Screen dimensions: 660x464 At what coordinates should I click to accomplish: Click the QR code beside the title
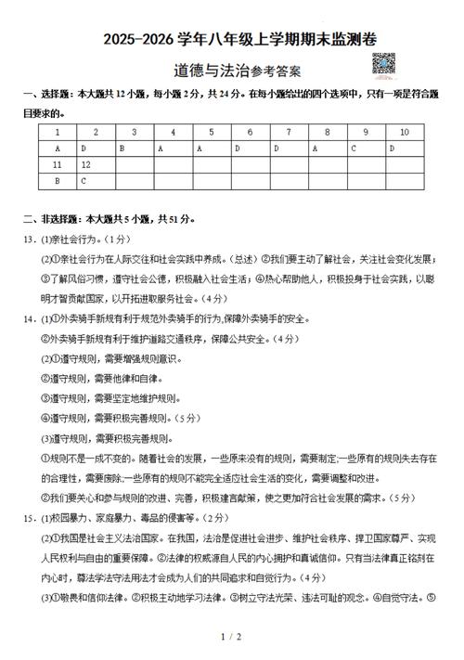(385, 66)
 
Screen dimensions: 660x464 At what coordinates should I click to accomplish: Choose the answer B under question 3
(135, 149)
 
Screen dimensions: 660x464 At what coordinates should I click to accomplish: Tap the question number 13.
(29, 239)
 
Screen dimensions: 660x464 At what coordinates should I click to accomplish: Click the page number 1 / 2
(231, 637)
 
